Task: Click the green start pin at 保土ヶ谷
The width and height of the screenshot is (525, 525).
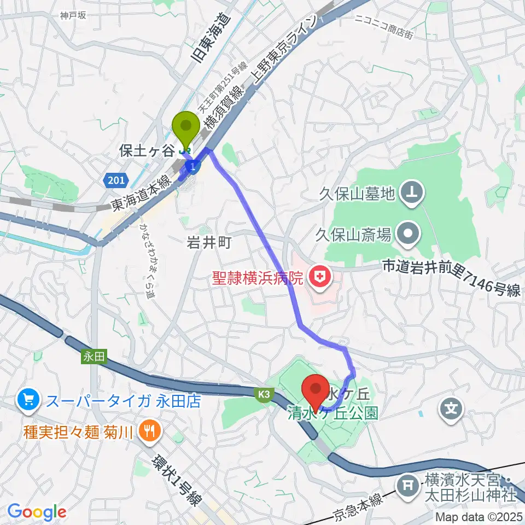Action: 186,127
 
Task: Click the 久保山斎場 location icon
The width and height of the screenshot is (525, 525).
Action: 408,235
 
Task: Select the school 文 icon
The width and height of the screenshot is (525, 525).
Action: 451,407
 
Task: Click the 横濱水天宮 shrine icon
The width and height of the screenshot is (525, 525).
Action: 407,484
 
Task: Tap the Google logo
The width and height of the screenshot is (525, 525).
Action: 37,512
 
